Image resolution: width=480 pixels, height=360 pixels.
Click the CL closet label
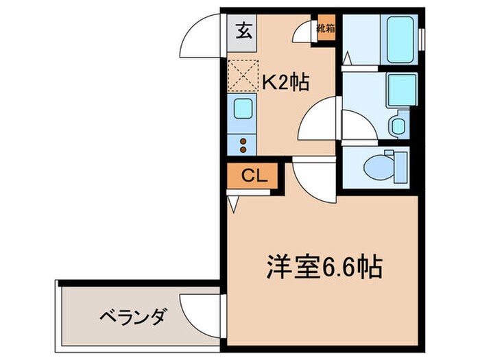[253, 176]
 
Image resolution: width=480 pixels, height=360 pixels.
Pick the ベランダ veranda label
[132, 317]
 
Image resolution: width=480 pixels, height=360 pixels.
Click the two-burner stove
[242, 143]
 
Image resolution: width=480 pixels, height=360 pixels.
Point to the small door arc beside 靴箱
[305, 31]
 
